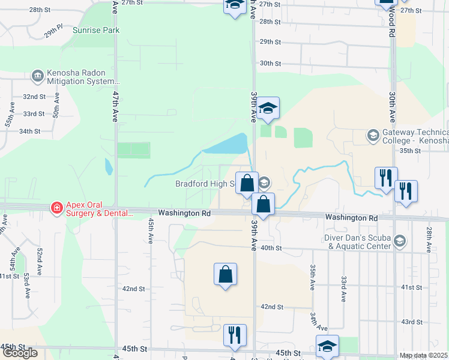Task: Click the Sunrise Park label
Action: [96, 30]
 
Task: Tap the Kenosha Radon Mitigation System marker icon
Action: [37, 76]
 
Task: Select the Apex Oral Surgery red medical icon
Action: [56, 208]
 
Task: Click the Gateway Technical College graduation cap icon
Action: [373, 136]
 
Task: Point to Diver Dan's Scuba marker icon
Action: [399, 241]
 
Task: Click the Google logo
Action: [20, 353]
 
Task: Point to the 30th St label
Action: [270, 63]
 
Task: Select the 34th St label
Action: [29, 131]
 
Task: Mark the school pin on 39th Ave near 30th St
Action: [269, 108]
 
